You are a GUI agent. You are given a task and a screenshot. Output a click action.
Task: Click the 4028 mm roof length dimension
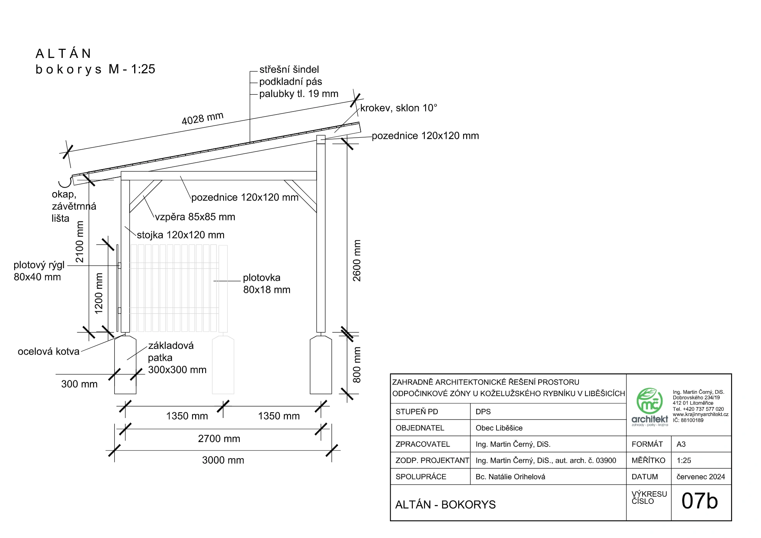coord(202,118)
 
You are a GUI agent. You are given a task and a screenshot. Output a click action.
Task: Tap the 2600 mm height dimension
coord(357,260)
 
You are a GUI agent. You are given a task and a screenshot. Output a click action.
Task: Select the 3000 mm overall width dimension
coord(223,460)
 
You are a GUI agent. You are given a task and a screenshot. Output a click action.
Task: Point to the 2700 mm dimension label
coord(219,439)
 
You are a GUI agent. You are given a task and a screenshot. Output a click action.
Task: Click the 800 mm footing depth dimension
coord(357,365)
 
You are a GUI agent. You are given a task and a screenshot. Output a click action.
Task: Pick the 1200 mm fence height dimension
coord(99,293)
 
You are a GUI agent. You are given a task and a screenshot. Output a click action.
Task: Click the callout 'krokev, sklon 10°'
coord(399,108)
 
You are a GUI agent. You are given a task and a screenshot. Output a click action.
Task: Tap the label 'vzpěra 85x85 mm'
coord(195,217)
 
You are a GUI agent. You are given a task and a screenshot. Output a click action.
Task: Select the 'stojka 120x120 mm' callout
coord(181,235)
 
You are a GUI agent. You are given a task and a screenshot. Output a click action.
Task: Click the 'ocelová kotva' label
coord(49,352)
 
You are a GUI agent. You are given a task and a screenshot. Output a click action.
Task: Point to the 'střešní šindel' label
coord(289,70)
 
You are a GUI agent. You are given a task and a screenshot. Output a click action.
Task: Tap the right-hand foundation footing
coord(321,365)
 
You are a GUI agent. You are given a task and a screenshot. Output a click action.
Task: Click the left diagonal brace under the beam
coord(146,196)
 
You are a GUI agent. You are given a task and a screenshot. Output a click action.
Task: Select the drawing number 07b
coord(700,501)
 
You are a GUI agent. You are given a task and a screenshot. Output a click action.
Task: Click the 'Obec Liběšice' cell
coord(499,428)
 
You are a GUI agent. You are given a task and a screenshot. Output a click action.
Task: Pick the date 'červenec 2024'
coord(701,477)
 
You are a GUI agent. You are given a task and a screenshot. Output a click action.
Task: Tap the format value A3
coord(681,444)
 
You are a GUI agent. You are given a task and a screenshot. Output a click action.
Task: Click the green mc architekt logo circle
coord(650,401)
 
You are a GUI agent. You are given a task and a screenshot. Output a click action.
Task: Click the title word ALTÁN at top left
coord(64,53)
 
